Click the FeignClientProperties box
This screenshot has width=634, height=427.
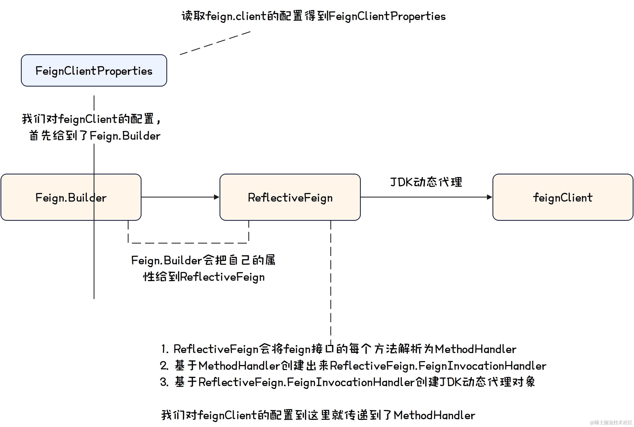pos(94,70)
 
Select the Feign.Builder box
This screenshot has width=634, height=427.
pos(71,197)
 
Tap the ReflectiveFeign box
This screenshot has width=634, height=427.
pos(290,197)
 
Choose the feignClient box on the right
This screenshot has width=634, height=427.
pos(562,197)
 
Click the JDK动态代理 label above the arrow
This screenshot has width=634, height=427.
pos(426,182)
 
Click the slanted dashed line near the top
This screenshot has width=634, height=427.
pos(215,43)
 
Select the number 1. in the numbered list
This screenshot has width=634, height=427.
pos(165,349)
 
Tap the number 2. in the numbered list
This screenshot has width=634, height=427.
pos(164,366)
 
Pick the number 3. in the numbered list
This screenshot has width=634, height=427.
pos(164,382)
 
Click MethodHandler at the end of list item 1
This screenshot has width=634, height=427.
pos(475,349)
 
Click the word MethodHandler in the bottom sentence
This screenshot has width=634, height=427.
pos(434,415)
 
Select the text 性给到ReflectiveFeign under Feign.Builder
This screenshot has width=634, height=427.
pos(204,277)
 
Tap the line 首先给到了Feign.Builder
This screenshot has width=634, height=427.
pos(95,136)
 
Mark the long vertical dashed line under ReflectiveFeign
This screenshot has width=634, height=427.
pos(331,281)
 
